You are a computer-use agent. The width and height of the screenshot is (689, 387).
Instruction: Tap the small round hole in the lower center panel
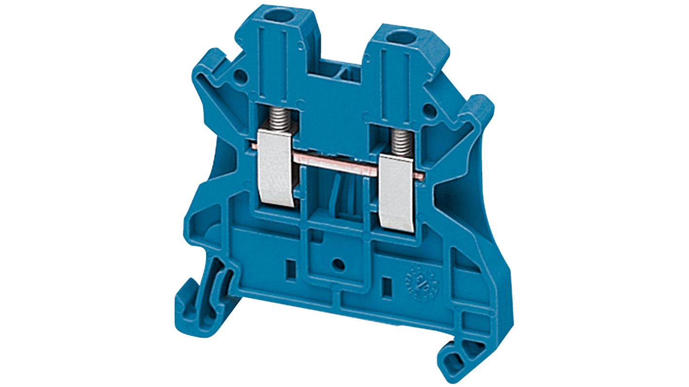click(x=339, y=265)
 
